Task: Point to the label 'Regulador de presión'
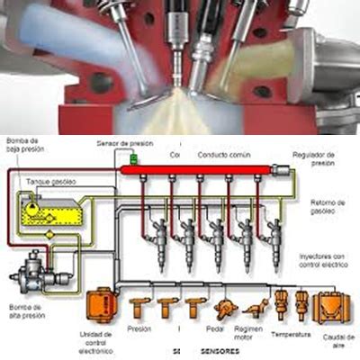[316, 158]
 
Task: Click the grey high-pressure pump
[26, 266]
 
